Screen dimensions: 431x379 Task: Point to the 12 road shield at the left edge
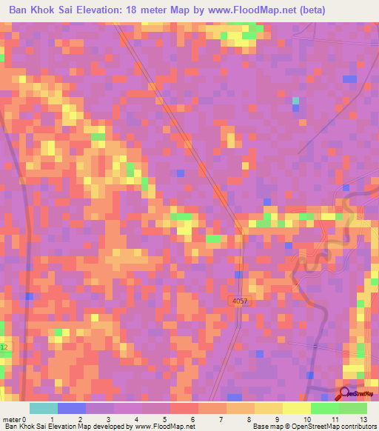point(4,347)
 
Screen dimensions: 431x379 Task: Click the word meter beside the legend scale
point(11,419)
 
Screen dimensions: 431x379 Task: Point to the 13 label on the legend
point(363,419)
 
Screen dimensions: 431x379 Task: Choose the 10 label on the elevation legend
point(295,419)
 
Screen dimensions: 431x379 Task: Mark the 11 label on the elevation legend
point(323,419)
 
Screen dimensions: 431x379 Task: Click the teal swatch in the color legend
point(44,408)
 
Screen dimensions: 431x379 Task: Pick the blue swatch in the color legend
point(72,408)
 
